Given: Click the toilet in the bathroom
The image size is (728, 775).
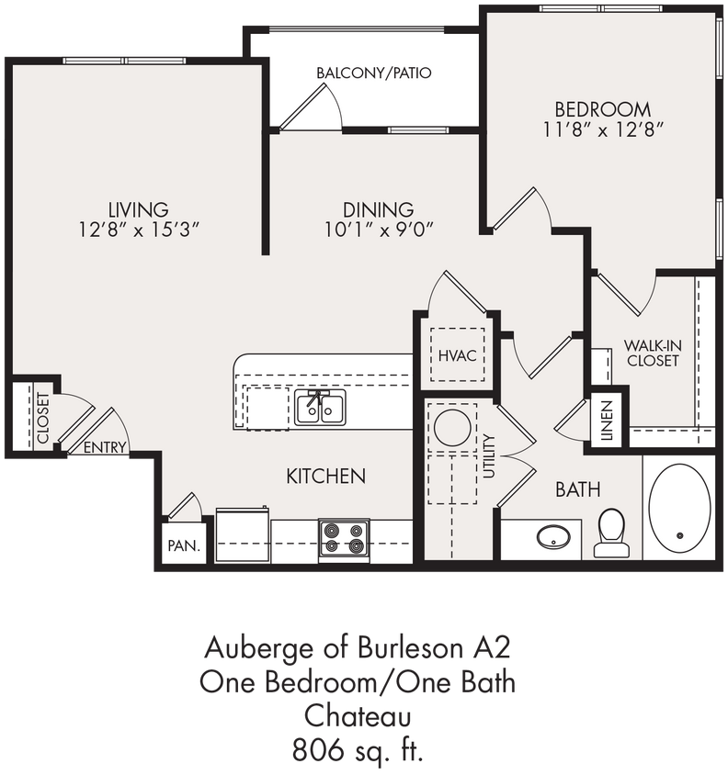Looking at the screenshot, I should [611, 534].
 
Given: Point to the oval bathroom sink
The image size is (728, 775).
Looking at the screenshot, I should [552, 536].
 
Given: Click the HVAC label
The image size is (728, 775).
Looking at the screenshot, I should [457, 355].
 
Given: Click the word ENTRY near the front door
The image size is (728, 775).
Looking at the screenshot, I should [105, 448].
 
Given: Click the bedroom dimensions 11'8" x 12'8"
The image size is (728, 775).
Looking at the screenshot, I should [603, 129].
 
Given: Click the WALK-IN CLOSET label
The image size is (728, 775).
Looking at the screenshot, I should [652, 353].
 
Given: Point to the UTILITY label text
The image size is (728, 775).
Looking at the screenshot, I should [488, 456].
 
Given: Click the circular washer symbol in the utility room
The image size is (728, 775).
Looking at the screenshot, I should [452, 428].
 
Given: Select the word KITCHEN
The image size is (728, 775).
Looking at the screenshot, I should [326, 476].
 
